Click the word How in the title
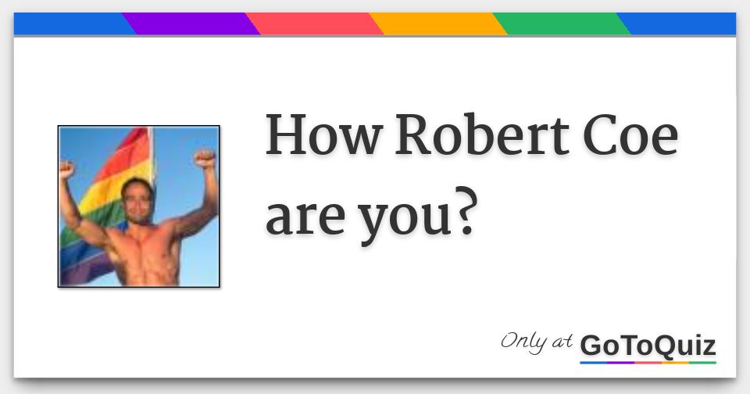323,135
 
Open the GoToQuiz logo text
648,346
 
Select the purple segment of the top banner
191,23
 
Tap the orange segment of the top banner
437,23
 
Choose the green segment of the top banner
561,23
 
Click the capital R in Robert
414,135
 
